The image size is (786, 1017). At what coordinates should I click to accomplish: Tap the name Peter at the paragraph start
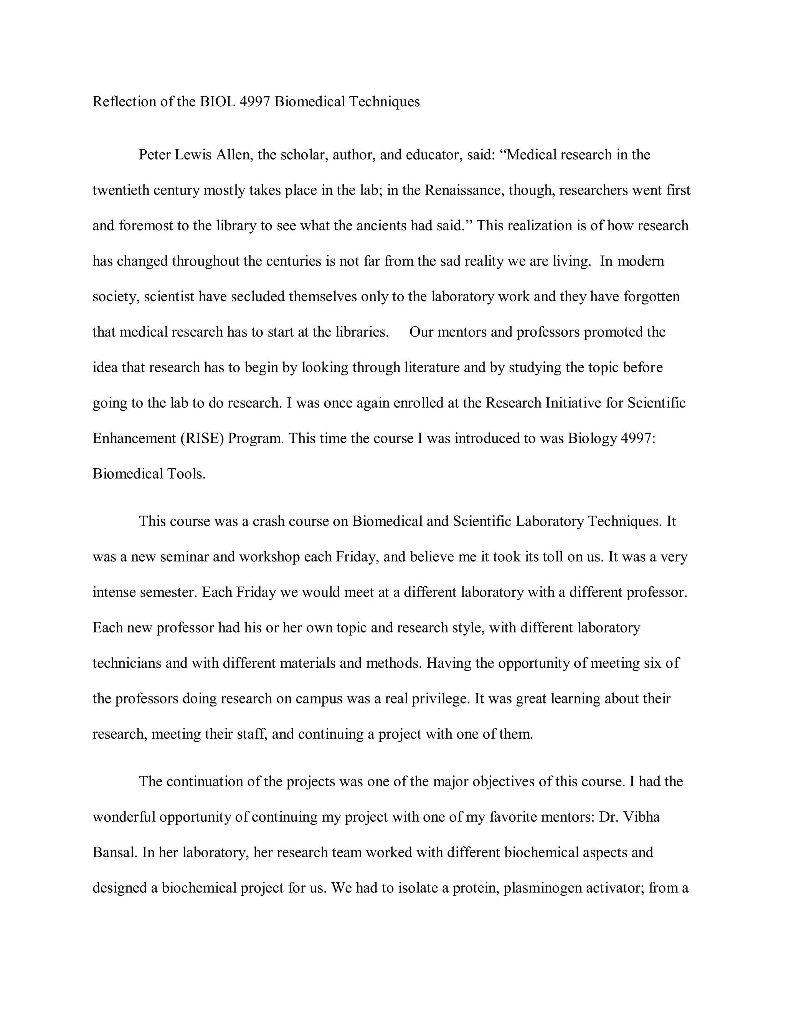click(155, 155)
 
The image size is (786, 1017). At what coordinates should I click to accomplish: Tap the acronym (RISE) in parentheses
click(202, 438)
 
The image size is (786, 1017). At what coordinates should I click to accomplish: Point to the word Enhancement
click(134, 438)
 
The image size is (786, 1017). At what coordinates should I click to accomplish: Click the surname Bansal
click(114, 852)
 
